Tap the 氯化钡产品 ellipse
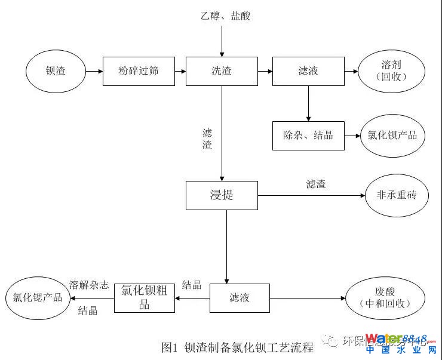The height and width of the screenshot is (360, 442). click(x=392, y=136)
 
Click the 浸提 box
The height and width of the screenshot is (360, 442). click(x=222, y=195)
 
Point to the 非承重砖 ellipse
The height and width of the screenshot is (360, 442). click(x=397, y=195)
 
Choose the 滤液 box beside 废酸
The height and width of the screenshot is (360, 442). click(x=240, y=297)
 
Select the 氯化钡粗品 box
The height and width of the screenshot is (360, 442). click(x=144, y=297)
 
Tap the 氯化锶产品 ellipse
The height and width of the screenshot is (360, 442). click(x=35, y=297)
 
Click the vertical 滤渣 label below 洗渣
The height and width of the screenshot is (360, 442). click(x=207, y=139)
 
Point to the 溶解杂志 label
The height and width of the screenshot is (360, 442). click(x=89, y=285)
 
